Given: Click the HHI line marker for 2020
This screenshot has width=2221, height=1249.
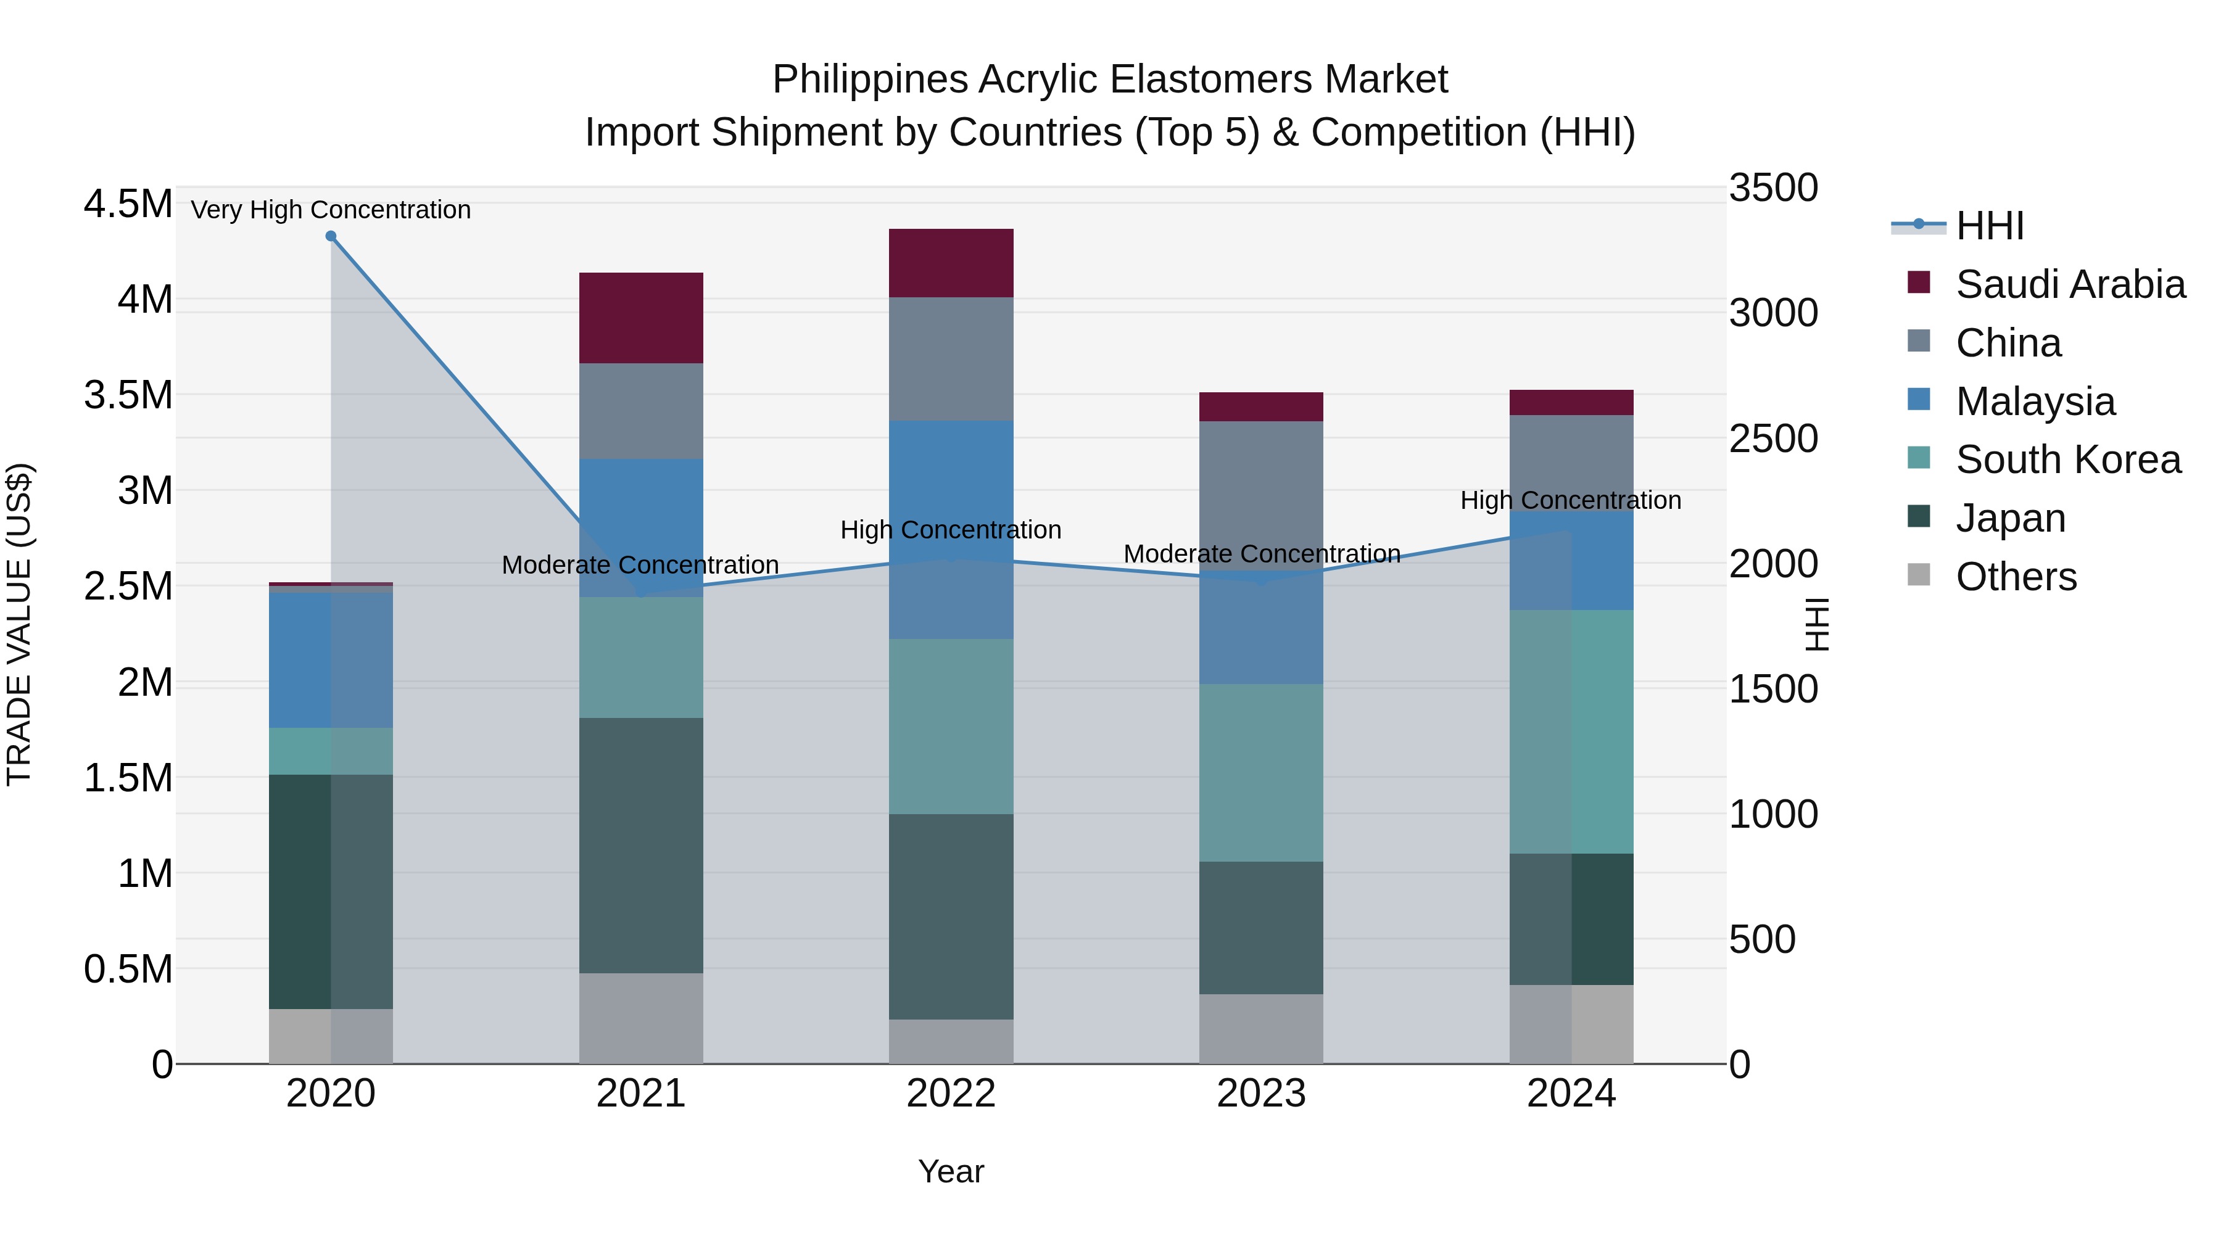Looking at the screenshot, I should pos(331,236).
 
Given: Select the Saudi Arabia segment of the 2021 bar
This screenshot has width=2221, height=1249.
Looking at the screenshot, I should pos(640,318).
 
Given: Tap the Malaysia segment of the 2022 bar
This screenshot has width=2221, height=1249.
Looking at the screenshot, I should pos(951,529).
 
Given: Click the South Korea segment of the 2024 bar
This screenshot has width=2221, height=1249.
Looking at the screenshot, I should pos(1571,732).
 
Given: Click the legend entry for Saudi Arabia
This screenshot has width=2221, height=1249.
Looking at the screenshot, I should pos(2070,284).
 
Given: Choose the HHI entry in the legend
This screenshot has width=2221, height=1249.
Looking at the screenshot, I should pos(1989,226).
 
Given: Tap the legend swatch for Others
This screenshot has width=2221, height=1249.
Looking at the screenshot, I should pos(1919,574).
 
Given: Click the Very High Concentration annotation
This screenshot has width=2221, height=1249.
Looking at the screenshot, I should pos(331,210).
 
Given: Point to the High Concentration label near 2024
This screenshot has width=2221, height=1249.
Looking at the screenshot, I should pos(1570,500).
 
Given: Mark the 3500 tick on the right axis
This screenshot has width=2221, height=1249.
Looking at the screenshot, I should pos(1774,188).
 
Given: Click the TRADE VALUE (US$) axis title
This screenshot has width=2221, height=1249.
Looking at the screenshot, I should pos(19,624).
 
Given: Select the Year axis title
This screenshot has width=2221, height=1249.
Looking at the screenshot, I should pos(951,1171).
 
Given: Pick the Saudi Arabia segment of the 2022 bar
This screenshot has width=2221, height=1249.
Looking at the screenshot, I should pos(951,263).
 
